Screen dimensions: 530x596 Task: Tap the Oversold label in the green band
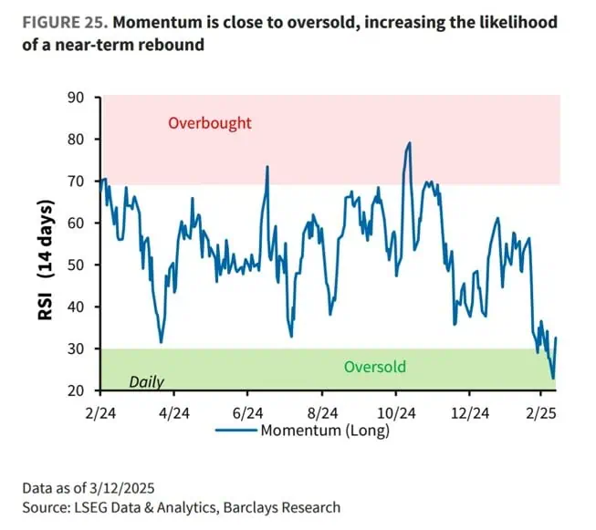pyautogui.click(x=374, y=367)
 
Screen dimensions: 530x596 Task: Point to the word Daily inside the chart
pyautogui.click(x=147, y=381)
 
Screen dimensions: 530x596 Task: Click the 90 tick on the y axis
pyautogui.click(x=78, y=98)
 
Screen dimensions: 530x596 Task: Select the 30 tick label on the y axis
pyautogui.click(x=78, y=348)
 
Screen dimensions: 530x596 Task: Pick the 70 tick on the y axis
pyautogui.click(x=78, y=182)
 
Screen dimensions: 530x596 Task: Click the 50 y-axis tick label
pyautogui.click(x=78, y=265)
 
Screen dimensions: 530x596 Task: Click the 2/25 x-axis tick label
pyautogui.click(x=539, y=411)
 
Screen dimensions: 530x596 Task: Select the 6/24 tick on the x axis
pyautogui.click(x=247, y=411)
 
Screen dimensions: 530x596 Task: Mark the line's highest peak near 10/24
pyautogui.click(x=410, y=143)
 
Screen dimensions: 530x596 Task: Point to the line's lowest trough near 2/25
pyautogui.click(x=552, y=378)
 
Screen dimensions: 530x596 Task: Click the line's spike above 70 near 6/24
pyautogui.click(x=267, y=167)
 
